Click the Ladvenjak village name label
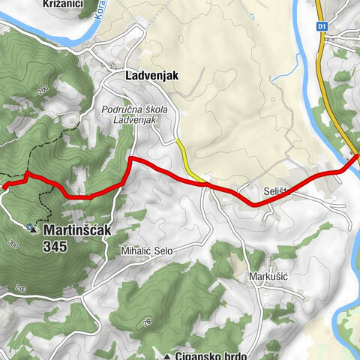[145, 75]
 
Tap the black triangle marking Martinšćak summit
[34, 231]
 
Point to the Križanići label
[64, 4]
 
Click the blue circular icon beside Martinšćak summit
[28, 225]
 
